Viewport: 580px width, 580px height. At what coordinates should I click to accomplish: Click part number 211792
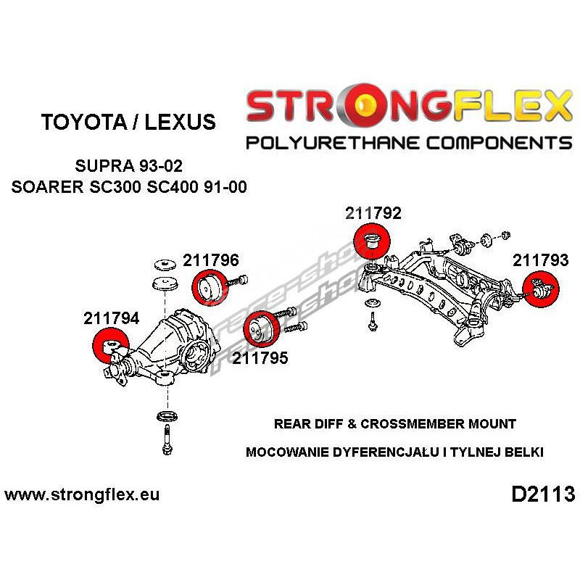373,214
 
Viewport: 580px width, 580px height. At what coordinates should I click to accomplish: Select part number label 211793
541,260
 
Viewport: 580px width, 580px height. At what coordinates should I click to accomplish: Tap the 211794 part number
111,318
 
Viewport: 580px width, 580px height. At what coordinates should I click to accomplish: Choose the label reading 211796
211,260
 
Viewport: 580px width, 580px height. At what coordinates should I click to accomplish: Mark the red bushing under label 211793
542,289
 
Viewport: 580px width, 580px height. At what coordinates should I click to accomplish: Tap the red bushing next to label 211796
209,286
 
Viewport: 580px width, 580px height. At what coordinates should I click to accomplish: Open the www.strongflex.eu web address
82,495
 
